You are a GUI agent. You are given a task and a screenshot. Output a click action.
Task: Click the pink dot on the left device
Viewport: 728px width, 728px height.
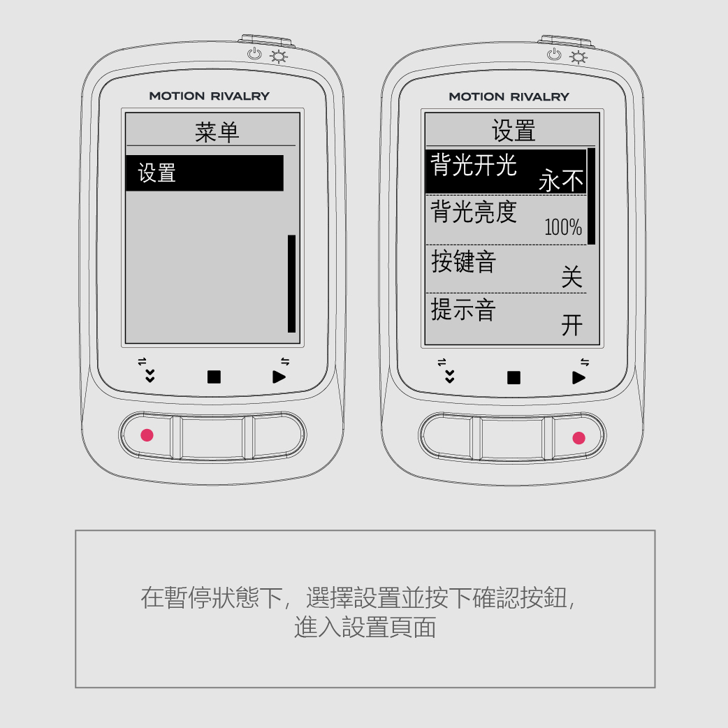point(147,435)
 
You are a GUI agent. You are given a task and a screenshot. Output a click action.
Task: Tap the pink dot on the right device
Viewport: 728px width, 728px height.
point(579,438)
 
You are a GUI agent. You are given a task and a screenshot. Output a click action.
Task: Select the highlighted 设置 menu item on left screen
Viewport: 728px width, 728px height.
point(205,173)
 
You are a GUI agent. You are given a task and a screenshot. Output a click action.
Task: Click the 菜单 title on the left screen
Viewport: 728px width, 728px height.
point(217,132)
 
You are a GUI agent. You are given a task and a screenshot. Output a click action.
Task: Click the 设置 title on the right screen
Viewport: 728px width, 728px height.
point(514,131)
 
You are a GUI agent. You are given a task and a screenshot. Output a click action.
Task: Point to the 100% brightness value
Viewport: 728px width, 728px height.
point(563,227)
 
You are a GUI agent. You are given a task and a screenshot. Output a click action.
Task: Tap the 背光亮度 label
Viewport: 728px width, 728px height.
point(474,212)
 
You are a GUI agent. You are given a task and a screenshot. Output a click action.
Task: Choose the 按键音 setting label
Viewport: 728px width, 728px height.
point(463,261)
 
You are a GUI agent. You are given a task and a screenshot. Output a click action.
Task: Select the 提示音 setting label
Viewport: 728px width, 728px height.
point(463,310)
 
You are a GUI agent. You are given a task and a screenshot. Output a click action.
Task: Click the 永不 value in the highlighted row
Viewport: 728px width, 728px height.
point(561,180)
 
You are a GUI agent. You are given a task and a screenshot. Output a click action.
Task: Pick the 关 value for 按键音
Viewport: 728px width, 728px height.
point(572,277)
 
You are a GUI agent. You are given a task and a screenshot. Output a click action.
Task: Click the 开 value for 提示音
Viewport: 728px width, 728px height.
point(572,325)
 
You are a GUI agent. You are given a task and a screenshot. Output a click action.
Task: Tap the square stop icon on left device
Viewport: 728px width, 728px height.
point(214,377)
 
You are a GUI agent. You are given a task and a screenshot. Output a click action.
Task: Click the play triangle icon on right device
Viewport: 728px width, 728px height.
point(578,377)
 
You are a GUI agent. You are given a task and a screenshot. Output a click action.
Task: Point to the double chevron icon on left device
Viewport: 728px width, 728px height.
point(150,376)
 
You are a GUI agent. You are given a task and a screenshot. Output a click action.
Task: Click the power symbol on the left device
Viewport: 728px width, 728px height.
point(254,54)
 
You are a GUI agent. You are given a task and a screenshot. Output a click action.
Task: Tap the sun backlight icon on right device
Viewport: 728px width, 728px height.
point(578,57)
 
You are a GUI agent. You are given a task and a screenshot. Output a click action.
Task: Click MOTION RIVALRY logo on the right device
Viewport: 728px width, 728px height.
point(509,96)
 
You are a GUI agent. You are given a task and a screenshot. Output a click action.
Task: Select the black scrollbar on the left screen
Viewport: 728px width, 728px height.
point(291,284)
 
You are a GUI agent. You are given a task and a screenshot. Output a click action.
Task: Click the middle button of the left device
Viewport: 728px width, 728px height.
point(212,437)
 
